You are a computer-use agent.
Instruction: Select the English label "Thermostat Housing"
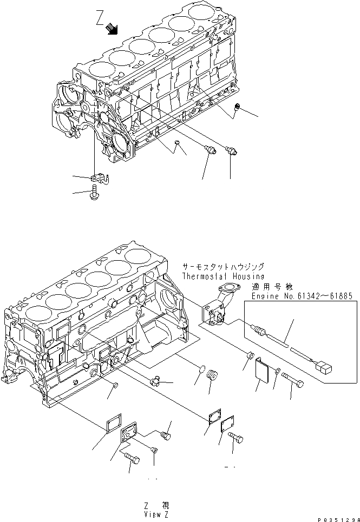point(223,276)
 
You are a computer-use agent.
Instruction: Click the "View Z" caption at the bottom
point(156,514)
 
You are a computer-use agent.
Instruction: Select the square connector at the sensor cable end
point(324,369)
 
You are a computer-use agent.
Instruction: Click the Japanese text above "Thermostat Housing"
point(223,267)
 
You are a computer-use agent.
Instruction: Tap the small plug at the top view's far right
point(236,111)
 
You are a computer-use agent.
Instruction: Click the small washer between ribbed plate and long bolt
point(277,371)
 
